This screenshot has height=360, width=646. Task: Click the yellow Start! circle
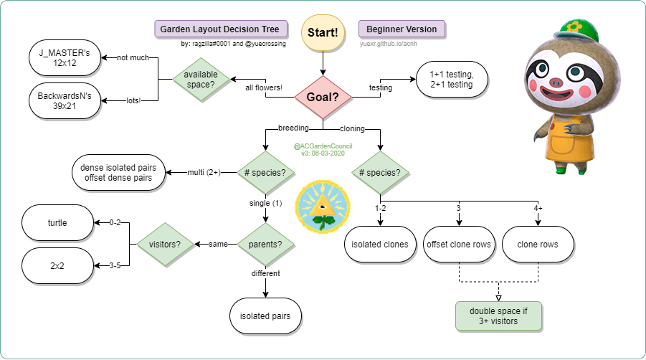[323, 33]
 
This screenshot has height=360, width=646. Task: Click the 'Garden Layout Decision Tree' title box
[220, 29]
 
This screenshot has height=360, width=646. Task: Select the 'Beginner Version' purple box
[402, 29]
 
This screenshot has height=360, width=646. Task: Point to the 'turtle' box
[58, 223]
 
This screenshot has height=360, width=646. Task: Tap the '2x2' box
[58, 266]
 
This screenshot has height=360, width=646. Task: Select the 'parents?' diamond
[265, 245]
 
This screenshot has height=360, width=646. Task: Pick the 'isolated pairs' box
[265, 316]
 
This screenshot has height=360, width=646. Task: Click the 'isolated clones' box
[380, 245]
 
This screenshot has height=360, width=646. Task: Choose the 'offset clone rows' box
[458, 245]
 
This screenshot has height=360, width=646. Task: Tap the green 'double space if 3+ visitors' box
[498, 316]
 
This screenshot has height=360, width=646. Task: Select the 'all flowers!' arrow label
[263, 88]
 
